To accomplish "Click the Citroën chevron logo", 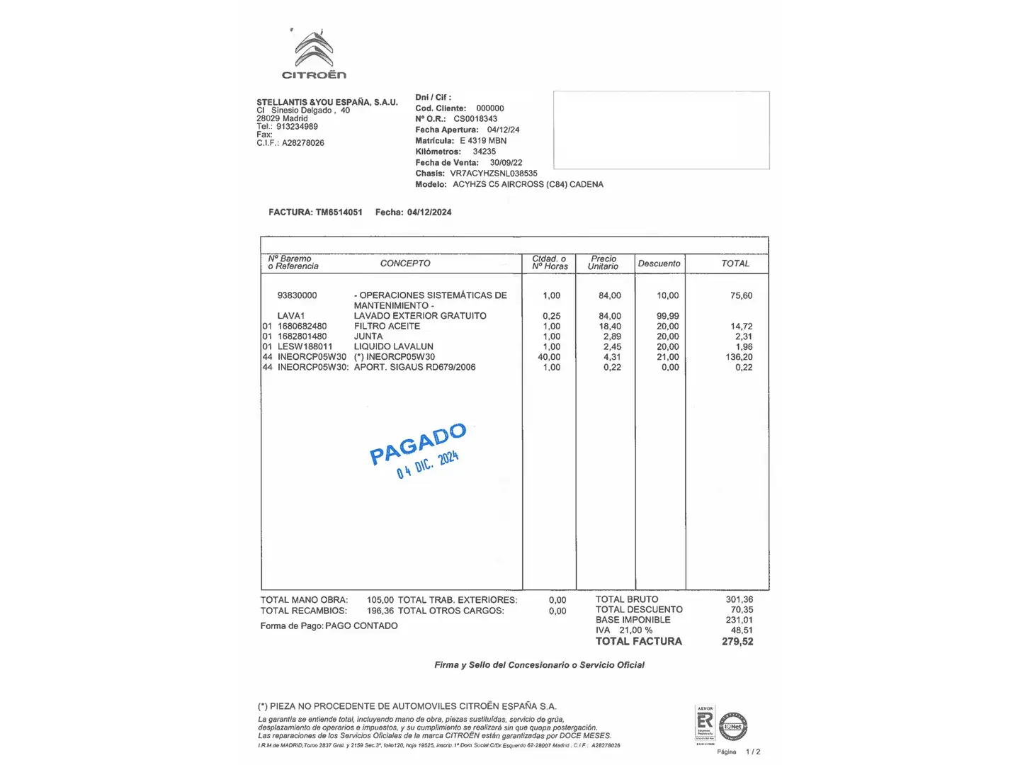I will point(314,50).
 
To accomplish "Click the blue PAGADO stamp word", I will point(418,444).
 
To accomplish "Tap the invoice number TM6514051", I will point(339,212).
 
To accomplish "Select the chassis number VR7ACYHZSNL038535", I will point(494,174).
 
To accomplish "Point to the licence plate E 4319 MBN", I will point(483,141).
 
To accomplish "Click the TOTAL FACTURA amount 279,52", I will point(737,642).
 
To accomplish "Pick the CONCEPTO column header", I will point(405,263).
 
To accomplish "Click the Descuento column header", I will point(659,263).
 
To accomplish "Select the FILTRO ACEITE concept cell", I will point(387,327).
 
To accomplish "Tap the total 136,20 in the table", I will point(739,357).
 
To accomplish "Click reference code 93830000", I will point(297,295).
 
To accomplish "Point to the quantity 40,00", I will point(549,357).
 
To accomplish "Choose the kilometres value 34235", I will point(484,152).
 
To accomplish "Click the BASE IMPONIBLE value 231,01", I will point(739,620).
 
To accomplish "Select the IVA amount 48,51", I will point(742,630).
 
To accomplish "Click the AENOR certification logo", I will point(705,724).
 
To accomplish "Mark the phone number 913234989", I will point(297,127).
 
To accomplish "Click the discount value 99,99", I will point(667,316).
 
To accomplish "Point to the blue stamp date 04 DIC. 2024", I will point(428,465).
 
